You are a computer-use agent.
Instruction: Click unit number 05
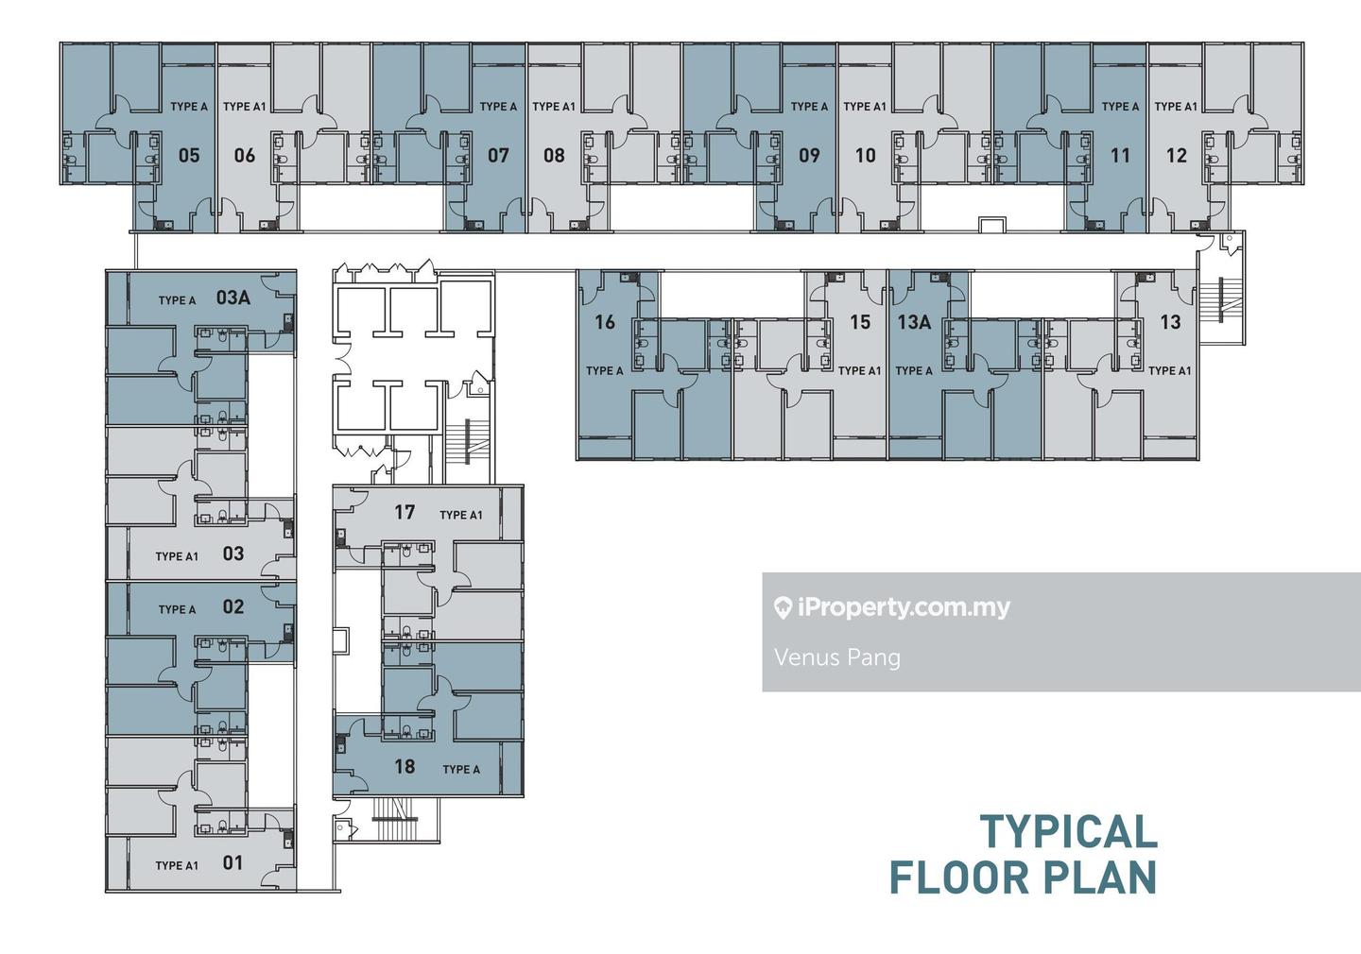click(x=189, y=156)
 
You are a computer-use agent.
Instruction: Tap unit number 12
click(x=1177, y=156)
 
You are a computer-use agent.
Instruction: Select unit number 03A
click(x=233, y=298)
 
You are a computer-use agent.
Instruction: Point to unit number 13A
click(x=915, y=322)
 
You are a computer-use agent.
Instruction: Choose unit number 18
click(x=405, y=766)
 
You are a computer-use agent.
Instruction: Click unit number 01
click(x=233, y=862)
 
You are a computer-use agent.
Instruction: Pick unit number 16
click(x=605, y=322)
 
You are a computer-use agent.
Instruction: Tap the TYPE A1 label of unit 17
click(x=461, y=515)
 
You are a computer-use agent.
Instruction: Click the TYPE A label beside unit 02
click(x=177, y=609)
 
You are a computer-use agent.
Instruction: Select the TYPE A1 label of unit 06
click(x=244, y=107)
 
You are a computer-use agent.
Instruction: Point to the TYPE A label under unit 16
click(x=605, y=370)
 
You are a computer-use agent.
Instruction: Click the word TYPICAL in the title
click(x=1069, y=831)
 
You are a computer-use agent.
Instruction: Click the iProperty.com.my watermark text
click(x=904, y=607)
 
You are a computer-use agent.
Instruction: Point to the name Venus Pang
click(x=837, y=657)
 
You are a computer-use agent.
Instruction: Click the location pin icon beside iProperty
click(x=783, y=608)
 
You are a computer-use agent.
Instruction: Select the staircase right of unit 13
click(x=1219, y=300)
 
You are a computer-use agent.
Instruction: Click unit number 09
click(x=809, y=156)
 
